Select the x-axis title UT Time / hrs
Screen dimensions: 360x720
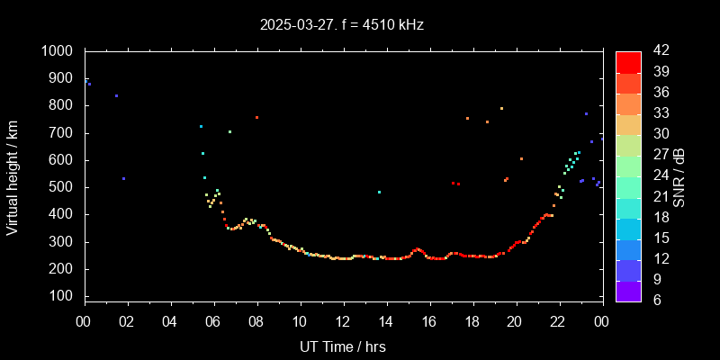[x=343, y=346]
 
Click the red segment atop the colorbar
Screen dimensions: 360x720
[x=628, y=61]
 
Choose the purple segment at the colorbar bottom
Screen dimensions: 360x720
[x=628, y=291]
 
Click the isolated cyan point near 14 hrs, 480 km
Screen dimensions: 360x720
[x=379, y=192]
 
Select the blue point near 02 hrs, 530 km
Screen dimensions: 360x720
[x=123, y=178]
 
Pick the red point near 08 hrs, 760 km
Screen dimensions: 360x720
[x=256, y=117]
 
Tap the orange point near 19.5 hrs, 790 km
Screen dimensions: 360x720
[x=501, y=108]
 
